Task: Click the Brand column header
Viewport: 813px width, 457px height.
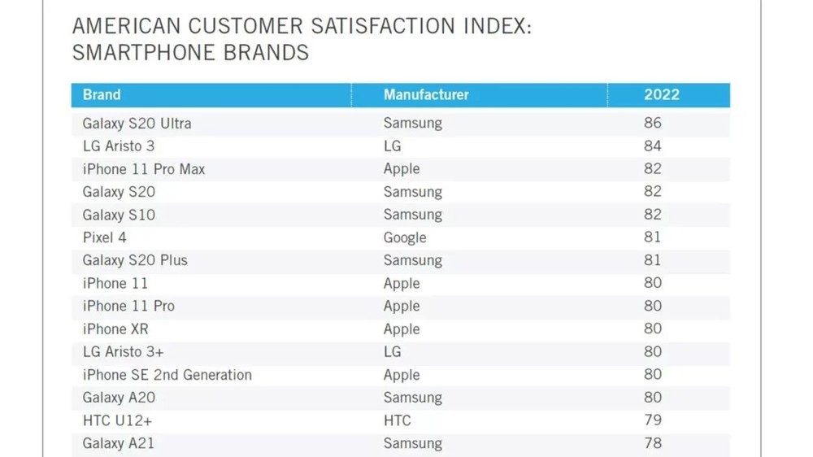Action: (102, 95)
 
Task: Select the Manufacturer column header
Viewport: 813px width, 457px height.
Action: (426, 95)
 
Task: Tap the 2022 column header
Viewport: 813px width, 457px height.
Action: (661, 95)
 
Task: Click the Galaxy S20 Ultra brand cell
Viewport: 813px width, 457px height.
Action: (137, 124)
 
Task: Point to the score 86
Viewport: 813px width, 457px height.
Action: (652, 124)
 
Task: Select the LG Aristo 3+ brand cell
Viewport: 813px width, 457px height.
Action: (124, 352)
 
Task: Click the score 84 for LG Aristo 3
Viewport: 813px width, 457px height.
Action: (652, 146)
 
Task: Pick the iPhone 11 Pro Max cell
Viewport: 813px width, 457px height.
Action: (144, 169)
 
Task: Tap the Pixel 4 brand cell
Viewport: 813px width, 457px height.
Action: (105, 237)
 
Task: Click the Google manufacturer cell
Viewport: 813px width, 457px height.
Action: (405, 237)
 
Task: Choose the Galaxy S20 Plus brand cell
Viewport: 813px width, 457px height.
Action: (135, 260)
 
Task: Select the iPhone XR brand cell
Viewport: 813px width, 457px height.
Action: (115, 329)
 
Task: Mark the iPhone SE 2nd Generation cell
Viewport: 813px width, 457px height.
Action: (167, 375)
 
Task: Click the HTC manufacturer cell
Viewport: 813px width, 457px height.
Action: (397, 420)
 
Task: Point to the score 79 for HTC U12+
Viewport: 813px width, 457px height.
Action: (652, 420)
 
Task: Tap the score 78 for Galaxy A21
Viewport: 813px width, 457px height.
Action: (652, 443)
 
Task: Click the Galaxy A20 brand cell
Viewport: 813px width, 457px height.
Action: (119, 398)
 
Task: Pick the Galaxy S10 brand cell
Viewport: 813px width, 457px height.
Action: (119, 215)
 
